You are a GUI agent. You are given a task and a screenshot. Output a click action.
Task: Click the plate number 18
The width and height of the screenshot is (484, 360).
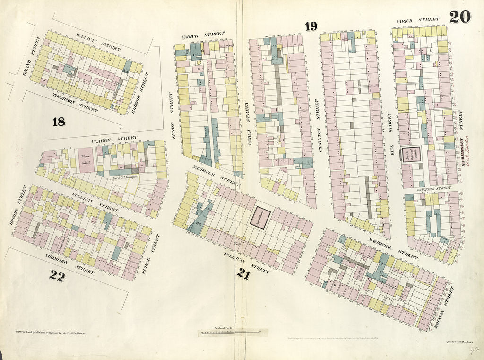[x=59, y=122]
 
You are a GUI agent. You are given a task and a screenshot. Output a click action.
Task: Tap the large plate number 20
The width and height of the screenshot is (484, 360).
[x=459, y=17]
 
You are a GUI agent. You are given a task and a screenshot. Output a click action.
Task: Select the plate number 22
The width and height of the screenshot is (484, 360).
[x=57, y=277]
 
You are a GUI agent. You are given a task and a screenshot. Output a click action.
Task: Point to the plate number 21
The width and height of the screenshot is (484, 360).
[x=244, y=273]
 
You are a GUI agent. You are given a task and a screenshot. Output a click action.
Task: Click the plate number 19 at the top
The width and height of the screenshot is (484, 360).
[x=311, y=26]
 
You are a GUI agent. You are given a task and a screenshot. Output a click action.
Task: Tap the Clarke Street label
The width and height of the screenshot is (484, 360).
[x=107, y=139]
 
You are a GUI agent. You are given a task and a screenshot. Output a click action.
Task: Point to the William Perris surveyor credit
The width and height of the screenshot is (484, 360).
[x=51, y=334]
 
